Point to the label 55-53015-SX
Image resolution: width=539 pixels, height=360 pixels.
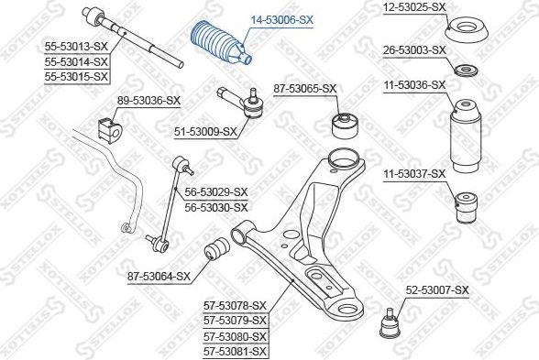pyautogui.click(x=77, y=76)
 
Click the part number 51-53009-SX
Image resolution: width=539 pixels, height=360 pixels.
pyautogui.click(x=205, y=131)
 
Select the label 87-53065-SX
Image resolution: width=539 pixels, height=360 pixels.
pyautogui.click(x=305, y=89)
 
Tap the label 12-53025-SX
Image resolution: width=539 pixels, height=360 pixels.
pyautogui.click(x=413, y=7)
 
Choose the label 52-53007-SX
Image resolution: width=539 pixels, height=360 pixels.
pyautogui.click(x=436, y=290)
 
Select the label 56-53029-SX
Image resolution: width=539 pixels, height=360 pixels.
pyautogui.click(x=216, y=191)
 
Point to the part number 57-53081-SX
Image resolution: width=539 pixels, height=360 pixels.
pyautogui.click(x=234, y=351)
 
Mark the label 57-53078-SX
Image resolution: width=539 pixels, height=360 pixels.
pyautogui.click(x=234, y=305)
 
